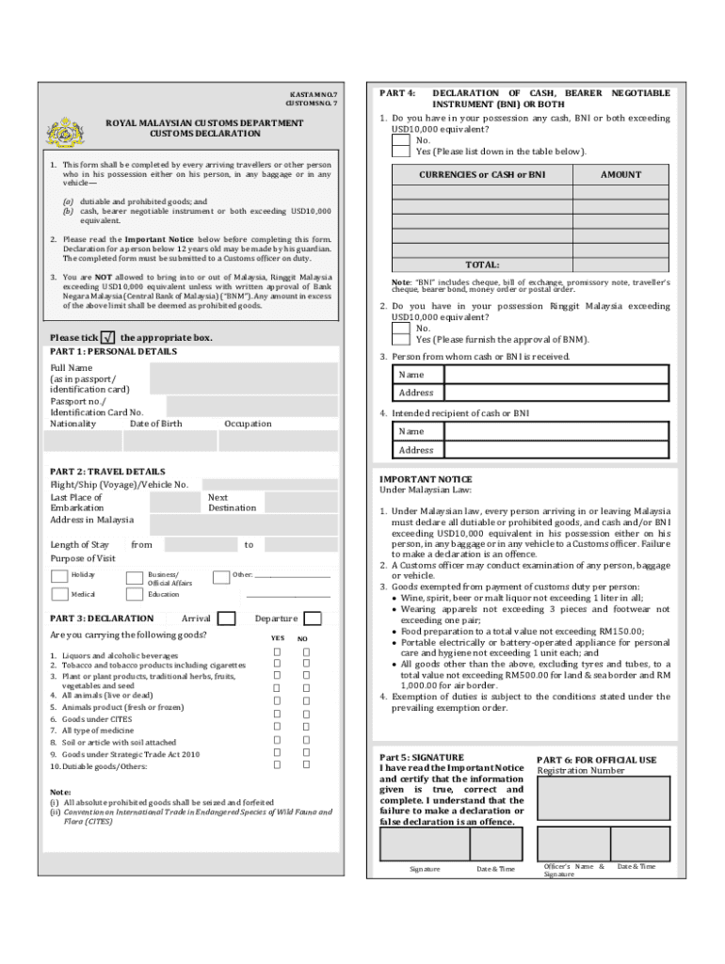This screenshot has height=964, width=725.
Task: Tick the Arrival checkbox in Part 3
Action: [x=226, y=619]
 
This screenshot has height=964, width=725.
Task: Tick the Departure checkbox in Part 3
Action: [x=314, y=619]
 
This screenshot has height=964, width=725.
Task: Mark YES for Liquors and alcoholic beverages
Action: [x=277, y=652]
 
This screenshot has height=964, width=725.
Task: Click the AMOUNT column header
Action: [x=620, y=175]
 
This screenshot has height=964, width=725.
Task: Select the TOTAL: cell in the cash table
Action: [x=483, y=265]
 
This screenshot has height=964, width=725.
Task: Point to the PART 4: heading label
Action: [x=397, y=93]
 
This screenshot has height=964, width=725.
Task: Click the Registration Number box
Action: [x=603, y=797]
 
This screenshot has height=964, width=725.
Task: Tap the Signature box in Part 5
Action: [x=424, y=843]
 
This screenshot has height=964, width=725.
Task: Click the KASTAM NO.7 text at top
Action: [x=312, y=95]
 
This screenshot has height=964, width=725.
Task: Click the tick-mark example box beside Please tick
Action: [x=108, y=337]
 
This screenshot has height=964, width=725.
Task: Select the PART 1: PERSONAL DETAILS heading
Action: [x=113, y=351]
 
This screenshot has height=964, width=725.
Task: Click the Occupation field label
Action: [x=248, y=424]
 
